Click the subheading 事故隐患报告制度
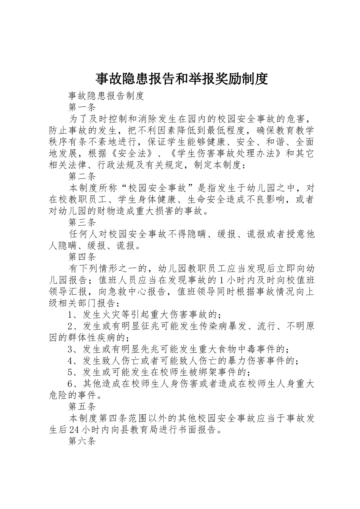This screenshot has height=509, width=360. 106,96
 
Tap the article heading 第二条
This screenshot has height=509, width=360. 82,176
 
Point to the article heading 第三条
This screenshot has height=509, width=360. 82,222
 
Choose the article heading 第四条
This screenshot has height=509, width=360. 82,257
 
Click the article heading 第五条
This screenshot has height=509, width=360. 82,407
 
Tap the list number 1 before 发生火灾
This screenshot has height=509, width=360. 70,314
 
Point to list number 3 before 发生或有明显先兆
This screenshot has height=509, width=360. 70,349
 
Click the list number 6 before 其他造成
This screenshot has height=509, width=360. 70,384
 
